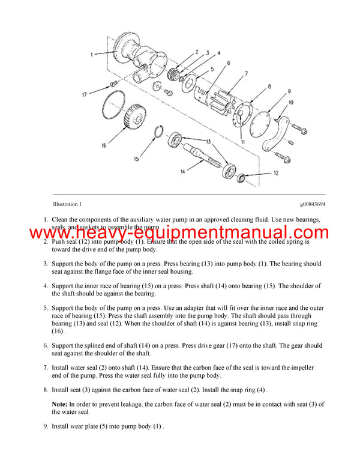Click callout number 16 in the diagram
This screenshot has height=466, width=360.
pyautogui.click(x=103, y=145)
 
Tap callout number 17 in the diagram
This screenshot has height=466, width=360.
pyautogui.click(x=85, y=94)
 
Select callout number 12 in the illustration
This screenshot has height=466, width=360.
pyautogui.click(x=276, y=173)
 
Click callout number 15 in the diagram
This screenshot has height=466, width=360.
pyautogui.click(x=136, y=159)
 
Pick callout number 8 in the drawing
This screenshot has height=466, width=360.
pyautogui.click(x=269, y=86)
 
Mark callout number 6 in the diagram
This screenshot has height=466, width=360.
pyautogui.click(x=228, y=63)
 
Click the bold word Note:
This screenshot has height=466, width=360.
pyautogui.click(x=59, y=404)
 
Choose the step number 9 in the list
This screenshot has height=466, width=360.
pyautogui.click(x=45, y=426)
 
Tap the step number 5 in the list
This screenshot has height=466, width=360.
pyautogui.click(x=45, y=307)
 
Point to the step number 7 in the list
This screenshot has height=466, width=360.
pyautogui.click(x=45, y=368)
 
